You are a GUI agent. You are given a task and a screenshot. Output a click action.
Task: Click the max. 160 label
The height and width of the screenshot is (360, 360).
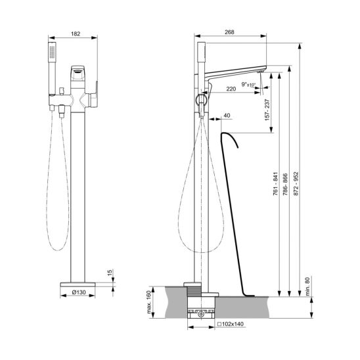tap(149, 302)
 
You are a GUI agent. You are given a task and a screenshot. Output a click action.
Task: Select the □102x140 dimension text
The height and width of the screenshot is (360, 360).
tap(229, 324)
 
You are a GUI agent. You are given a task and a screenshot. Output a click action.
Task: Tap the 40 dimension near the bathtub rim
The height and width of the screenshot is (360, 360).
tap(227, 116)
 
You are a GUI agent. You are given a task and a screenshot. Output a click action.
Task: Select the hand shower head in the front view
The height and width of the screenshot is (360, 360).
tap(56, 55)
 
